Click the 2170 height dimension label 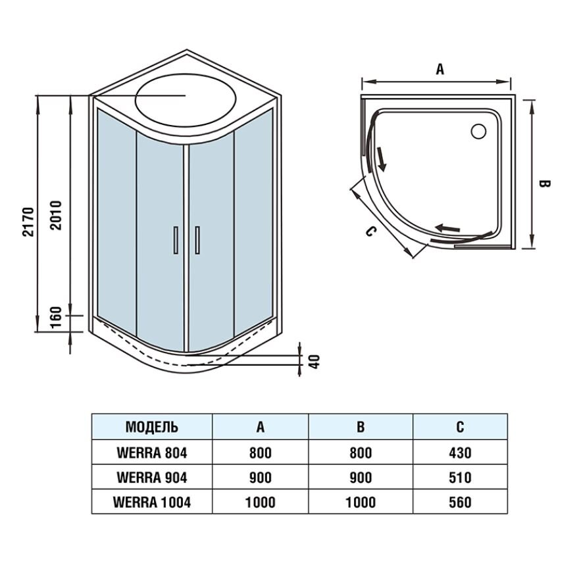[x=28, y=222]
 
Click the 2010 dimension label [x=56, y=215]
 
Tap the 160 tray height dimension [x=55, y=318]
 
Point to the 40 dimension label [x=314, y=361]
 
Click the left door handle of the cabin [x=176, y=240]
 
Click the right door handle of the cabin [x=197, y=240]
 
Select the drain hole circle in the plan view [x=478, y=132]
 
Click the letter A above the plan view [x=439, y=69]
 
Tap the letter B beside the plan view [x=544, y=183]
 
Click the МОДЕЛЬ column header [x=152, y=427]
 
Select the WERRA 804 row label [x=152, y=453]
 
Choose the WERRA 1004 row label [x=152, y=502]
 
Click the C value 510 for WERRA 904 [x=460, y=477]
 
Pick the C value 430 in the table [x=460, y=453]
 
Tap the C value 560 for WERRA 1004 [x=460, y=502]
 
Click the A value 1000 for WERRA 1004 [x=260, y=502]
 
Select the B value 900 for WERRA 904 [x=361, y=477]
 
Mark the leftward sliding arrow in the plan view [x=447, y=229]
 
